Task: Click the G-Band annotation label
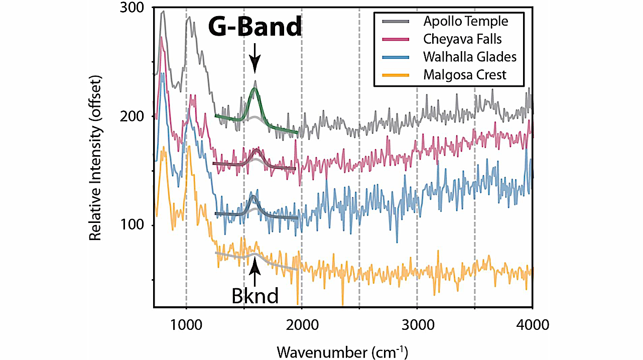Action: (255, 27)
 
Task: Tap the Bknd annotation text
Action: (255, 296)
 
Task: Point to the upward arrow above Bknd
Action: (255, 273)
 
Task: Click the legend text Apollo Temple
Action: (465, 22)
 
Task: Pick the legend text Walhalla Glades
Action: (469, 57)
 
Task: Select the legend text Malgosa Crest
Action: (465, 75)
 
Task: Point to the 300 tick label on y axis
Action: (135, 8)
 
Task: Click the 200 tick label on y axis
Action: (135, 116)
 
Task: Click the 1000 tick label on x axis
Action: (186, 325)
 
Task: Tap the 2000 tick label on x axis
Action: (302, 325)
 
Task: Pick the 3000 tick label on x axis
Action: (417, 325)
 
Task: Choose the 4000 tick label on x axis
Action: (532, 325)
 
